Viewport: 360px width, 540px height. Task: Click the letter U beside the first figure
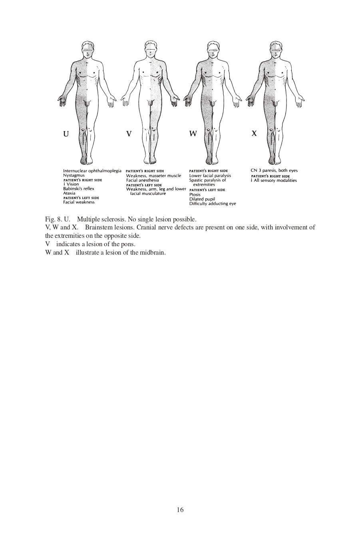(66, 134)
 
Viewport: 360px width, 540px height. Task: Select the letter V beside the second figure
(129, 134)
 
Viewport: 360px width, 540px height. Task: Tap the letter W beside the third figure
(193, 134)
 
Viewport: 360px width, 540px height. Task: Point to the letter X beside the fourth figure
(254, 134)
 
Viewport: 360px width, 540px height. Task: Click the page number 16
(180, 510)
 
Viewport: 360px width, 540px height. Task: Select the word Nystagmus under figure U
(74, 175)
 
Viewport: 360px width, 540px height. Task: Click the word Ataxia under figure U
(69, 193)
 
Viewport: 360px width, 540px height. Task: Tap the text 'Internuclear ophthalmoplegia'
(92, 171)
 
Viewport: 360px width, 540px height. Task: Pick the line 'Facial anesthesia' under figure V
(142, 180)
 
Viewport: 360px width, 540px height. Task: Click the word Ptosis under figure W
(195, 195)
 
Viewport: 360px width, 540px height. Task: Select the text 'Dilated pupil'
(202, 199)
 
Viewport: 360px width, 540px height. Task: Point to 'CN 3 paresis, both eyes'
(274, 171)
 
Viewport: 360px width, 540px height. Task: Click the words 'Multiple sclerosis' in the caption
(101, 219)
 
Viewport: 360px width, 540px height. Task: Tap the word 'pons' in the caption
(129, 244)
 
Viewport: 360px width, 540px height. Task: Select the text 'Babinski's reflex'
(79, 189)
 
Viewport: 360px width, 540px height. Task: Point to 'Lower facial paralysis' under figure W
(210, 175)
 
